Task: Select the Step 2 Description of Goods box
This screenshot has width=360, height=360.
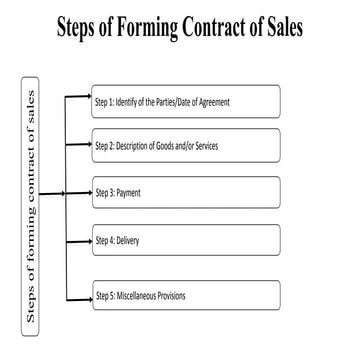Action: [185, 145]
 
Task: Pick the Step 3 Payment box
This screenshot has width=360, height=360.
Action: [185, 190]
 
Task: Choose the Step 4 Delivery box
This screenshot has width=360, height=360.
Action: [185, 241]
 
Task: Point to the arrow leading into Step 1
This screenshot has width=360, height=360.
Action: [80, 99]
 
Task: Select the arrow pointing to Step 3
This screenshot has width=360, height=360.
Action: [80, 190]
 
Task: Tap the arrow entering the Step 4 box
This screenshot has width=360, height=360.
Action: [80, 240]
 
